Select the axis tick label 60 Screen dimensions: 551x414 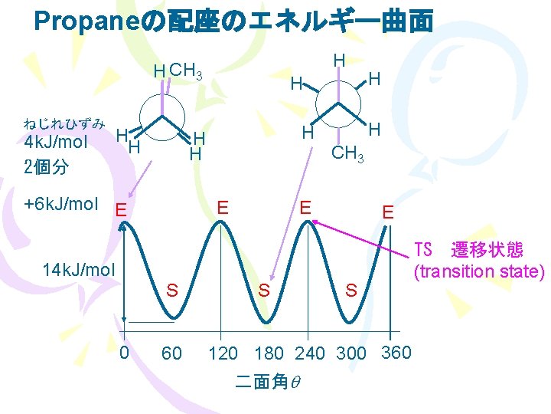[x=171, y=353]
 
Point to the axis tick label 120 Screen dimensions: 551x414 [x=223, y=353]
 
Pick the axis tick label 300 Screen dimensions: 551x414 [x=350, y=353]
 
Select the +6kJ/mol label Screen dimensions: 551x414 [x=61, y=204]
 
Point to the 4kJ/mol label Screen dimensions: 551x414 [x=56, y=143]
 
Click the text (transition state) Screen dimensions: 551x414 [x=479, y=271]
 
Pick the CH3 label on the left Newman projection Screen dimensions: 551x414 [x=185, y=72]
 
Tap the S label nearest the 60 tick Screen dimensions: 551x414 [x=173, y=290]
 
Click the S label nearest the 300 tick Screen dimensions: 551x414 [x=351, y=291]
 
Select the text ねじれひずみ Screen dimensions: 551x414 [x=64, y=123]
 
